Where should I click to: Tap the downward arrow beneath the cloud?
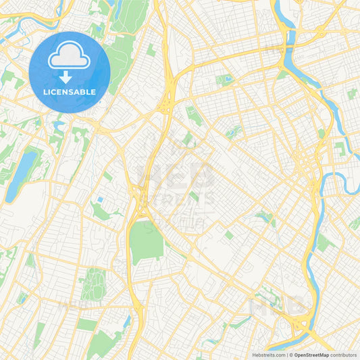(70, 77)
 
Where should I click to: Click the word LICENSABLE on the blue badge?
(70, 91)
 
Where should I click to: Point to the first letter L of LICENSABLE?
(45, 91)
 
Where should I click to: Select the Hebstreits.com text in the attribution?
(269, 355)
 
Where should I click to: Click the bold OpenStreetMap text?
(311, 355)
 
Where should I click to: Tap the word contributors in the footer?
(344, 355)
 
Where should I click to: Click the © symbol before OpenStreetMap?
(290, 355)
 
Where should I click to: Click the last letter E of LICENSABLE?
(93, 91)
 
